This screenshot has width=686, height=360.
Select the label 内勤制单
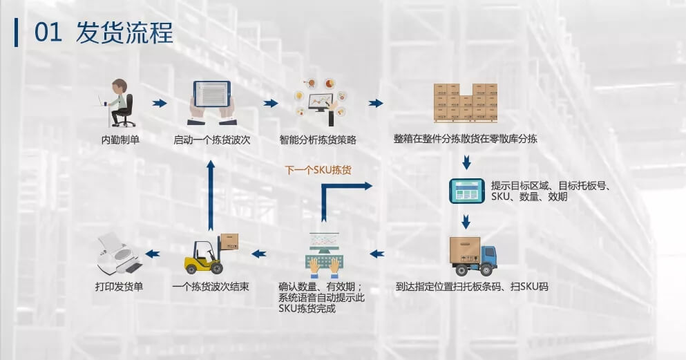click(x=120, y=140)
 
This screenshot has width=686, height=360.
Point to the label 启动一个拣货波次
click(x=212, y=140)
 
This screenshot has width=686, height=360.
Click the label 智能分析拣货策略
click(x=318, y=140)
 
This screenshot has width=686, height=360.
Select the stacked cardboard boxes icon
click(x=465, y=102)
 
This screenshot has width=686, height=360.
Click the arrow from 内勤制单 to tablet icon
click(x=160, y=103)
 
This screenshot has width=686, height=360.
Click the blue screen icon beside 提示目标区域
click(x=467, y=191)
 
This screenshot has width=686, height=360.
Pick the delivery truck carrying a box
click(x=473, y=255)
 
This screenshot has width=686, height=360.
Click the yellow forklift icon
click(x=211, y=254)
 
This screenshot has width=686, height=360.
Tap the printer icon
click(x=119, y=253)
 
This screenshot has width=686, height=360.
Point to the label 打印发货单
click(x=119, y=285)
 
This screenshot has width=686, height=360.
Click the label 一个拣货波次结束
click(x=211, y=285)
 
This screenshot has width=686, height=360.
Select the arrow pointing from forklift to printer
click(x=153, y=254)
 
